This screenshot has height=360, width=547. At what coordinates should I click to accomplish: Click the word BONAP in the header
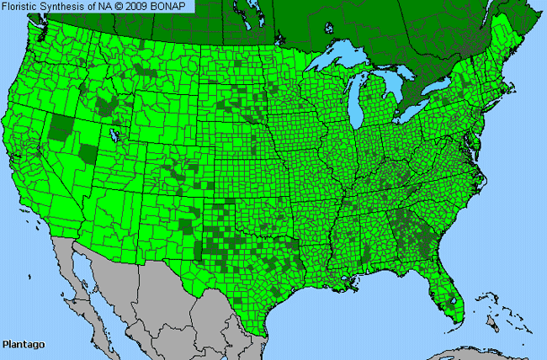click(173, 6)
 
